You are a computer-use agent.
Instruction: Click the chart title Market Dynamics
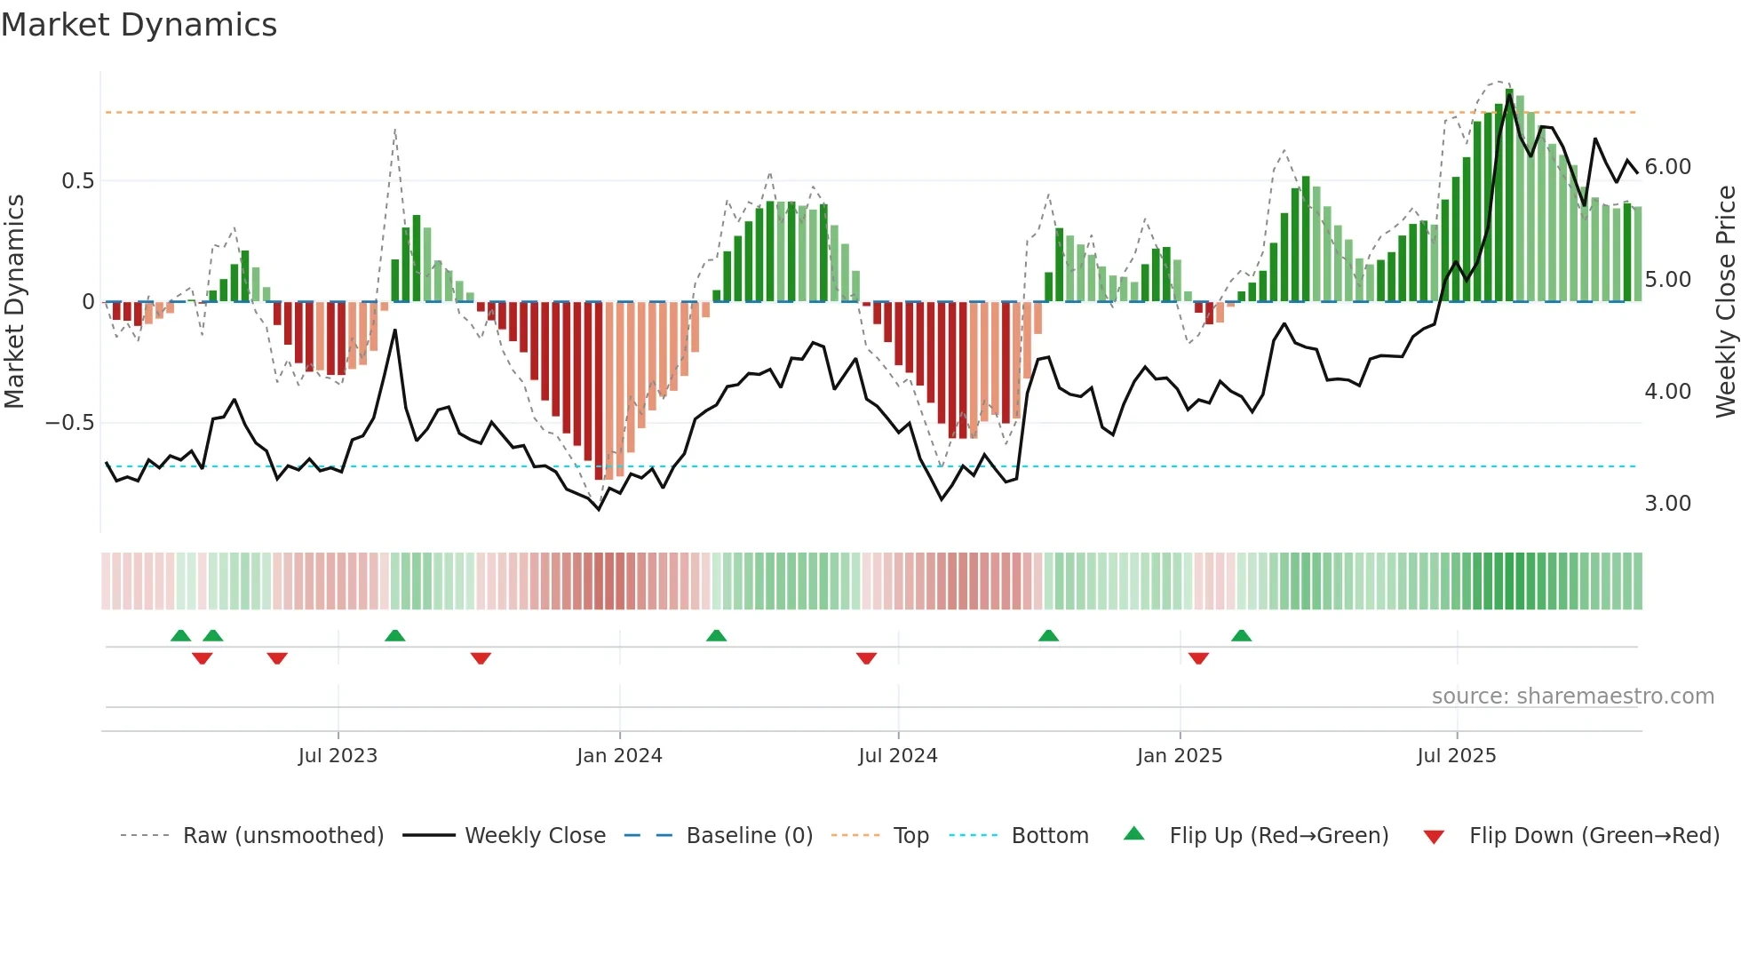[x=139, y=25]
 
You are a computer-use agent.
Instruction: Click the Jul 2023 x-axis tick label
[x=338, y=756]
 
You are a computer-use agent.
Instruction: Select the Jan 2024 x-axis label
[x=619, y=756]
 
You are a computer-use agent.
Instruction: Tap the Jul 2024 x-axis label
[x=897, y=756]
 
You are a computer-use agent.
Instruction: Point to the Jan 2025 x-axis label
[x=1179, y=756]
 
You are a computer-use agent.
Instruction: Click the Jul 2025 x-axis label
[x=1456, y=756]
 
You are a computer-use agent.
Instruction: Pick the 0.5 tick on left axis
[x=77, y=181]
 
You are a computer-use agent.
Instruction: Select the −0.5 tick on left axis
[x=70, y=423]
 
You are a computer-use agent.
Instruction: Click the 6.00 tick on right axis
[x=1667, y=167]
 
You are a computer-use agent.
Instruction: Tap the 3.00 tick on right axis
[x=1667, y=504]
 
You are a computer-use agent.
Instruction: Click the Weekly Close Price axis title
[x=1725, y=302]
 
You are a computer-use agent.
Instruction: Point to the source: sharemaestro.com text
[x=1572, y=696]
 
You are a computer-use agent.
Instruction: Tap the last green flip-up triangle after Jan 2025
[x=1241, y=635]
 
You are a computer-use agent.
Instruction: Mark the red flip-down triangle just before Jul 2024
[x=866, y=658]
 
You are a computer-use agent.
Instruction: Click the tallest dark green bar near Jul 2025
[x=1509, y=195]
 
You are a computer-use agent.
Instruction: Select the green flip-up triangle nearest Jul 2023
[x=395, y=635]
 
